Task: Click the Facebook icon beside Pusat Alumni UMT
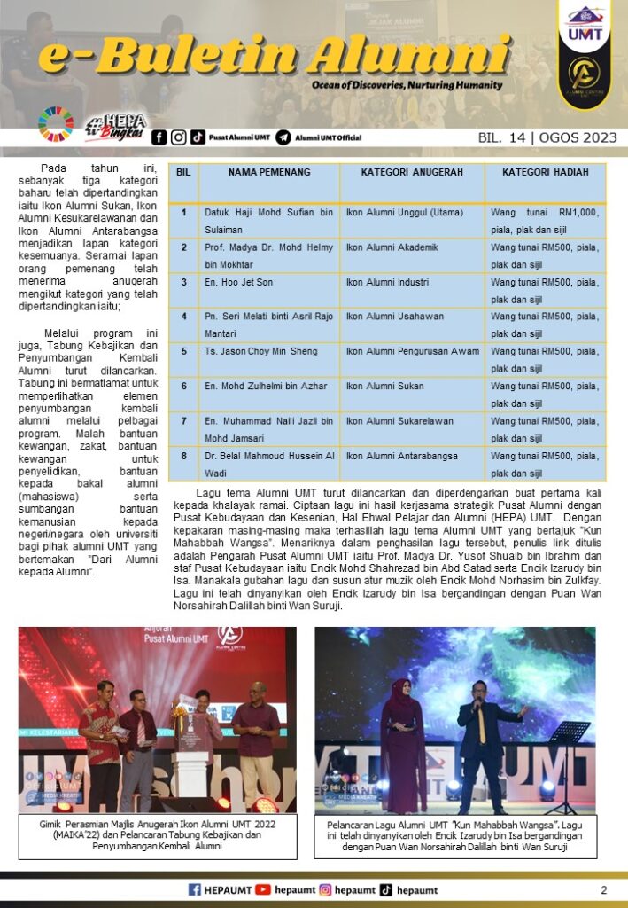click(159, 137)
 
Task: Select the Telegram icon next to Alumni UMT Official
click(283, 137)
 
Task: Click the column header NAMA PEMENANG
click(268, 172)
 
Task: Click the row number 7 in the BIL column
click(183, 421)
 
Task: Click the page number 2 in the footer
click(604, 890)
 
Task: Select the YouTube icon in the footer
click(263, 890)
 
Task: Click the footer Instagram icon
click(325, 890)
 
